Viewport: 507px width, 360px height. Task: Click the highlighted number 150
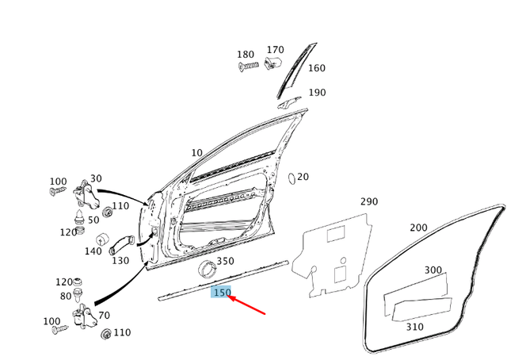click(x=222, y=293)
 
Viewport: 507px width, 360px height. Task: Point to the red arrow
click(x=246, y=304)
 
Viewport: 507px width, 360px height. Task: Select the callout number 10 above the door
click(x=196, y=153)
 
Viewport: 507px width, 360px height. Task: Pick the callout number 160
click(x=316, y=68)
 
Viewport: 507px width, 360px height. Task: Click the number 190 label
click(x=317, y=93)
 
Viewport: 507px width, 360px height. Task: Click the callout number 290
click(x=369, y=201)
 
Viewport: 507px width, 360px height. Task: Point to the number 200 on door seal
click(x=418, y=228)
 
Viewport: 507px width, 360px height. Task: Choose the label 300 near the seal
click(x=433, y=270)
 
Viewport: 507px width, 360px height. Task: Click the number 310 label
click(x=414, y=326)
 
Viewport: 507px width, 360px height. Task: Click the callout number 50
click(x=93, y=220)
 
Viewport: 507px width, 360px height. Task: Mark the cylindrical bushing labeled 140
click(x=102, y=239)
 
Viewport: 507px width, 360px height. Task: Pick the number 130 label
click(x=120, y=261)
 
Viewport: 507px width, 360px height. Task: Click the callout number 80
click(x=65, y=297)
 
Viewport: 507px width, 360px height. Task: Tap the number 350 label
click(x=225, y=261)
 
